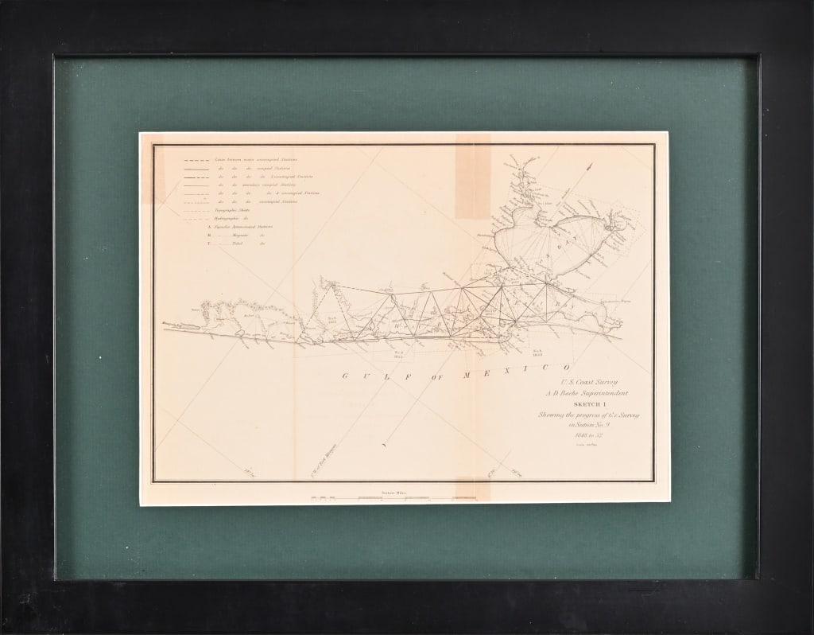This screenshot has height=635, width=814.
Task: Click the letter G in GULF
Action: click(347, 376)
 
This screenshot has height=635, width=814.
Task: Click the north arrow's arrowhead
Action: click(591, 166)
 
